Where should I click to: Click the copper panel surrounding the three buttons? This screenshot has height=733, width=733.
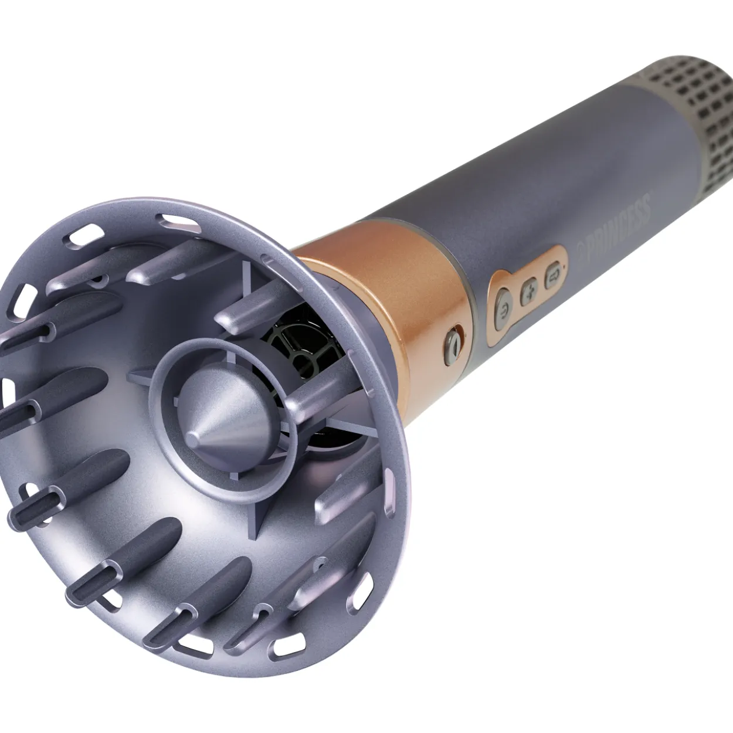527,291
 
